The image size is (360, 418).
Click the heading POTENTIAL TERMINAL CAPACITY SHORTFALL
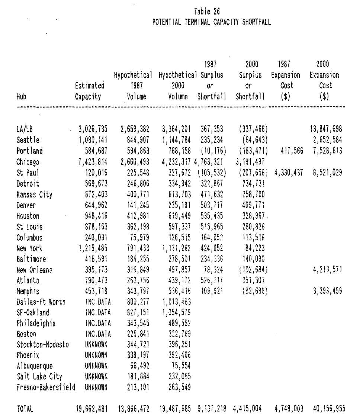click(211, 22)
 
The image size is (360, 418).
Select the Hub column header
click(22, 97)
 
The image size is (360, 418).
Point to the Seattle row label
click(28, 140)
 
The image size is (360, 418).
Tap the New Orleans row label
click(35, 270)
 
